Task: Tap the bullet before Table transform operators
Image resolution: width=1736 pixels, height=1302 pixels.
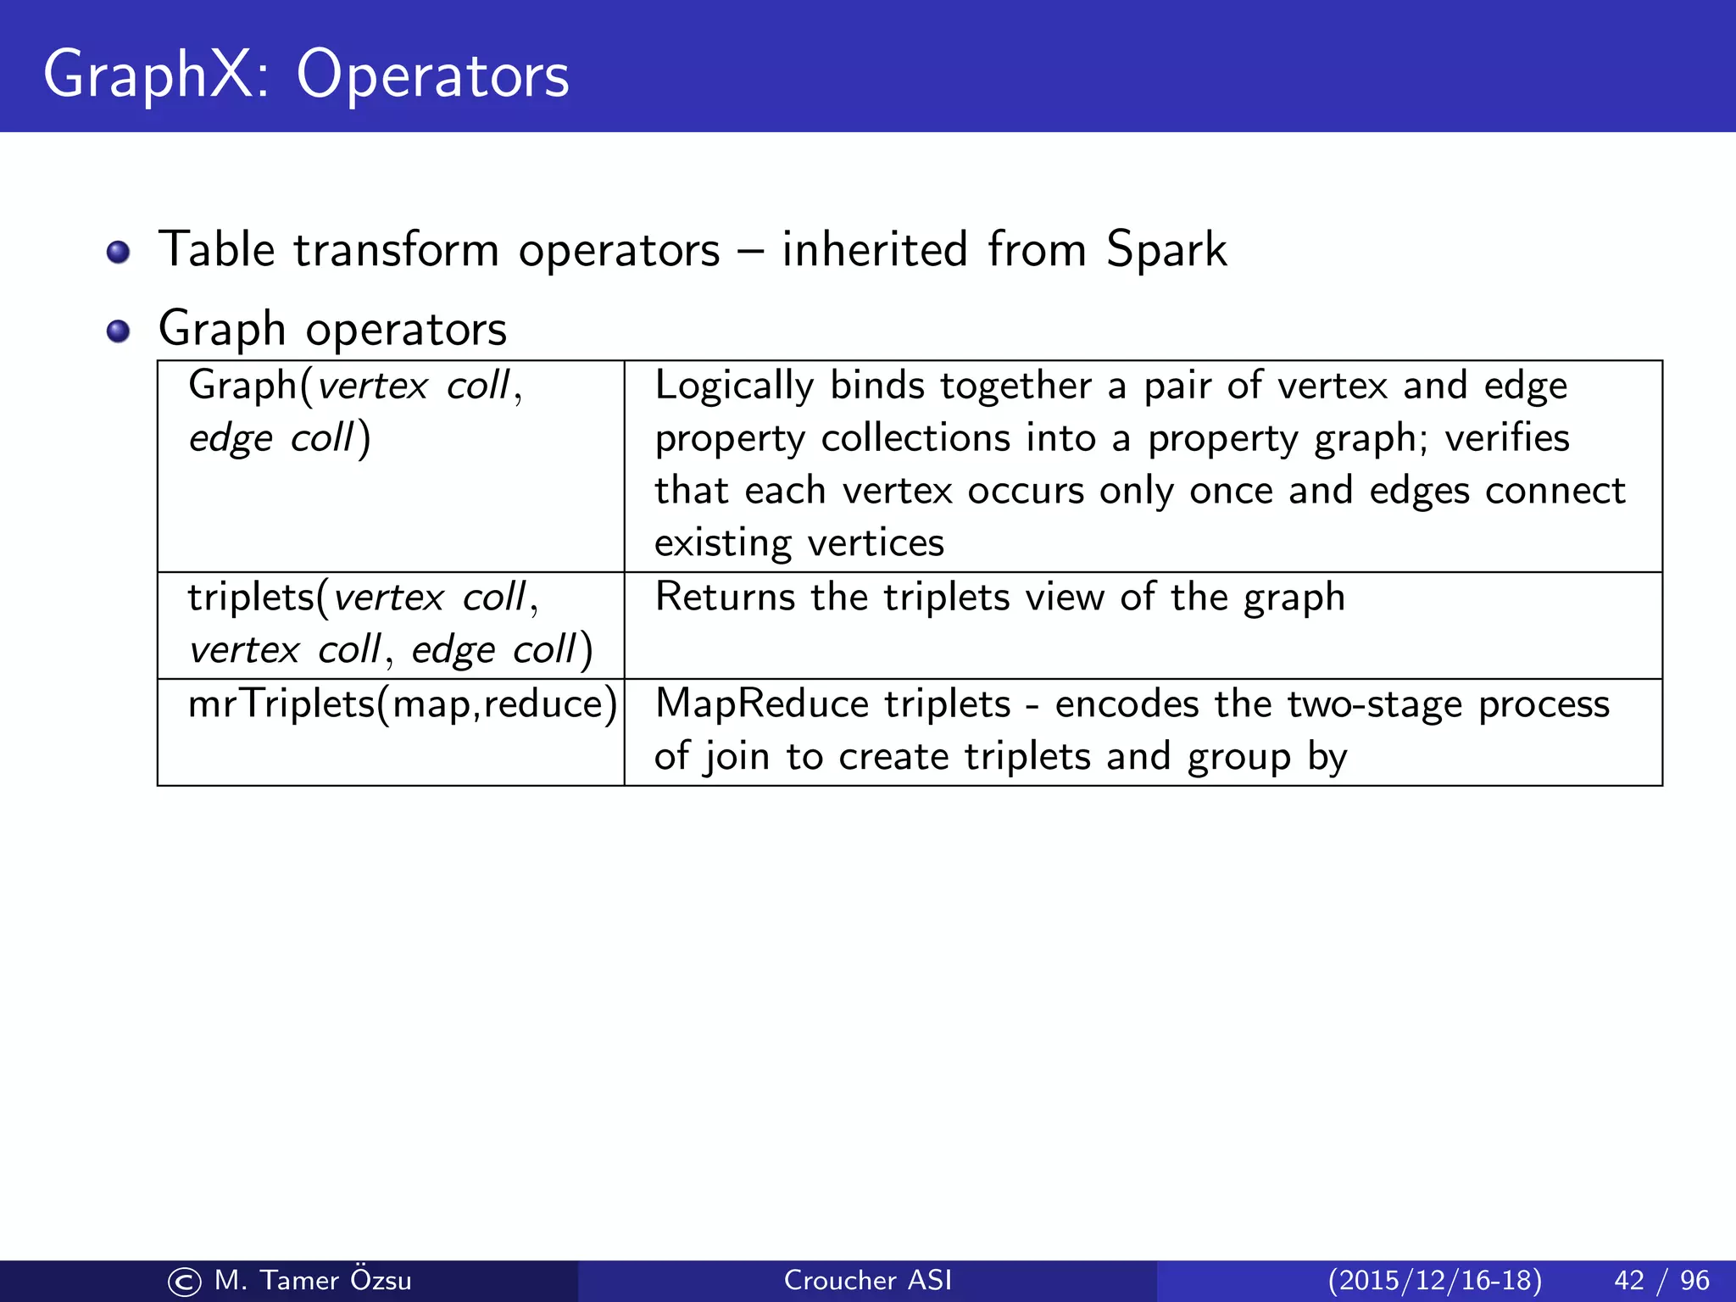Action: (119, 253)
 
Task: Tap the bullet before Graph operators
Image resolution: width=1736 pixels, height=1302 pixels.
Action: (119, 331)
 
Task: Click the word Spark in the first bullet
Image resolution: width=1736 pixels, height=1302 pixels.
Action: (1166, 251)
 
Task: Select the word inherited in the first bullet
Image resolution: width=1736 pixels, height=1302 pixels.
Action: (874, 249)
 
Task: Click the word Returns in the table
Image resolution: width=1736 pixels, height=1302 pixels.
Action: (725, 597)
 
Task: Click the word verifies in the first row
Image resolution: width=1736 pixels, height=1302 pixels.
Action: (1506, 438)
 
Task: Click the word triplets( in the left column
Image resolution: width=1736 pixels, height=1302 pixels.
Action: (258, 598)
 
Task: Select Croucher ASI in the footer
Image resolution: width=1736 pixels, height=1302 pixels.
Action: (867, 1280)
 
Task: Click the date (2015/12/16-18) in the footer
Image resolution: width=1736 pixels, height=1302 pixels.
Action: (1434, 1280)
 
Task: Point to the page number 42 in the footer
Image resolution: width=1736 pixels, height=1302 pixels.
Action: (1628, 1280)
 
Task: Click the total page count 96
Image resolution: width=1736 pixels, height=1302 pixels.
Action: (1694, 1280)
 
